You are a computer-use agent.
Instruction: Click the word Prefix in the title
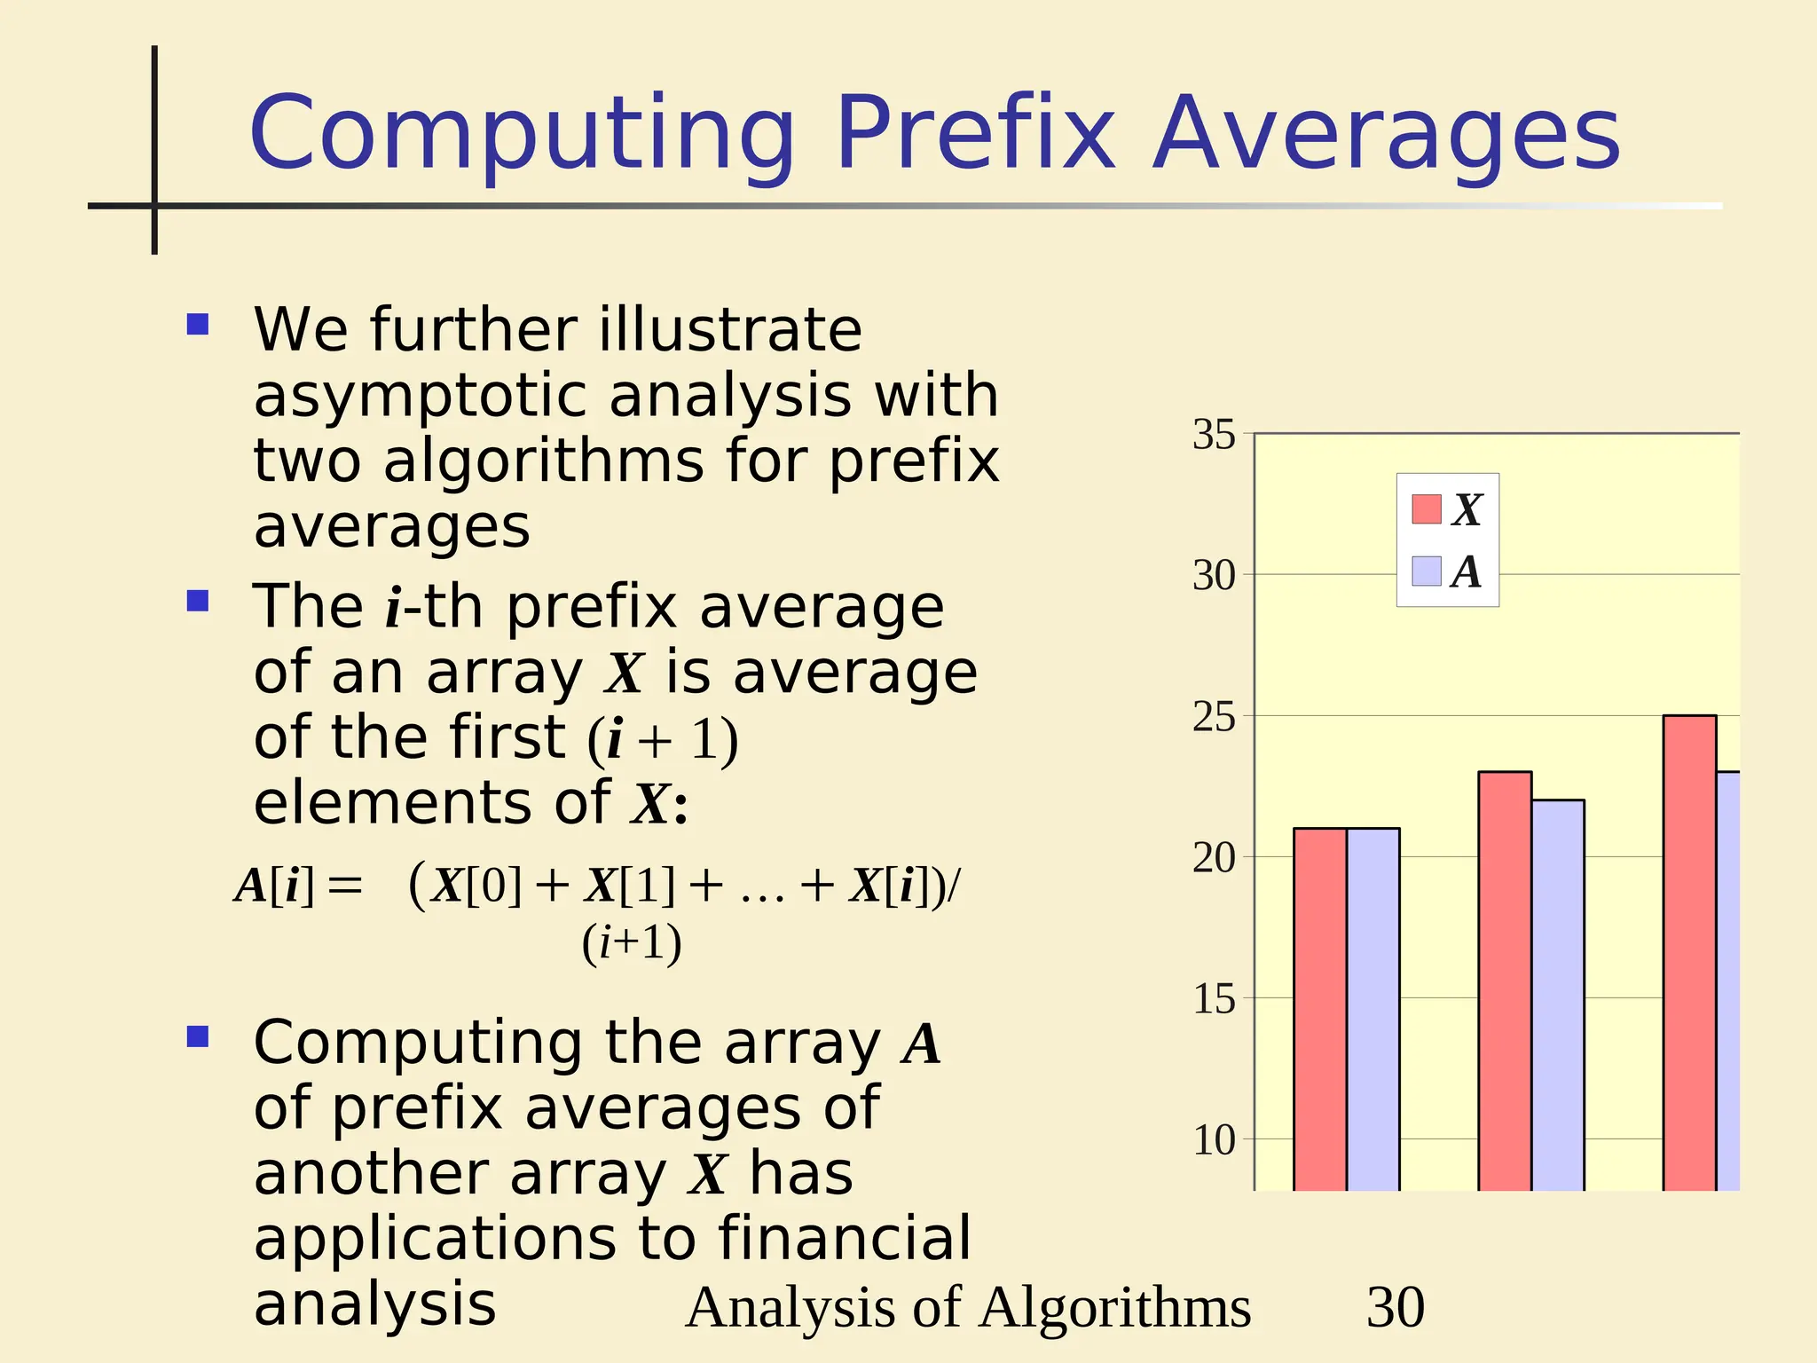[x=974, y=135]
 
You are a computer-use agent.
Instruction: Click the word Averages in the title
[x=1387, y=135]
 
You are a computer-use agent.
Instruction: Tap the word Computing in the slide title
[x=523, y=135]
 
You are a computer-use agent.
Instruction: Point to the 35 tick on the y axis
[x=1214, y=435]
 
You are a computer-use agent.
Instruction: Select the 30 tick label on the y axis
[x=1214, y=576]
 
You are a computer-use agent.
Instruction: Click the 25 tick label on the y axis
[x=1214, y=717]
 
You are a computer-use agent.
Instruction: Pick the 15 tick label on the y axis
[x=1214, y=999]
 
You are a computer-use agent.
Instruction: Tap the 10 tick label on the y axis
[x=1214, y=1140]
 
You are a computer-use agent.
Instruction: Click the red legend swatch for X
[x=1426, y=509]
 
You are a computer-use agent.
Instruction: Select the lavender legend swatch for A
[x=1426, y=571]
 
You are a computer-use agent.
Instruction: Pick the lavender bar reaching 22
[x=1558, y=994]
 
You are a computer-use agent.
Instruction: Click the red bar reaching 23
[x=1505, y=980]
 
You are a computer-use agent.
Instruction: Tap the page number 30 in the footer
[x=1396, y=1307]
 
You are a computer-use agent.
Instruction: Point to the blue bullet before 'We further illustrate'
[x=198, y=324]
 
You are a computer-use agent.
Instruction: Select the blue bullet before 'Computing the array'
[x=198, y=1036]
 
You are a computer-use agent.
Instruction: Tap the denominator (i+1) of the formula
[x=632, y=942]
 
